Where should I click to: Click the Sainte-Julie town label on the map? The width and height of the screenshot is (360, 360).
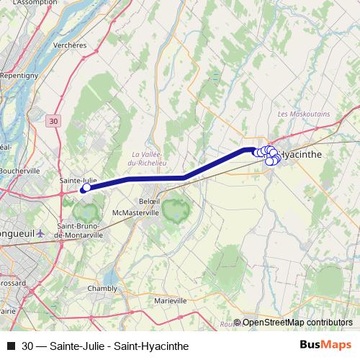(x=78, y=180)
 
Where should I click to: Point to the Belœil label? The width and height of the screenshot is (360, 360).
(x=149, y=201)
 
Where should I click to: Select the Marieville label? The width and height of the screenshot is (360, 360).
(x=170, y=300)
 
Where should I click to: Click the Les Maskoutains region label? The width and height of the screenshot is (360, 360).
(x=302, y=114)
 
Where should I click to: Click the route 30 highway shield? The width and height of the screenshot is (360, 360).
(x=55, y=122)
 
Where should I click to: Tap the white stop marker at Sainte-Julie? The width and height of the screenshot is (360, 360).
(x=86, y=189)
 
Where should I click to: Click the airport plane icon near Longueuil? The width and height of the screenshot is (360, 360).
(x=40, y=233)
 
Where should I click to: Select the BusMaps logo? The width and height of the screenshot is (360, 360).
(x=326, y=345)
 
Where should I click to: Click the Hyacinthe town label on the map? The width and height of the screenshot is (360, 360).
(x=300, y=154)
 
